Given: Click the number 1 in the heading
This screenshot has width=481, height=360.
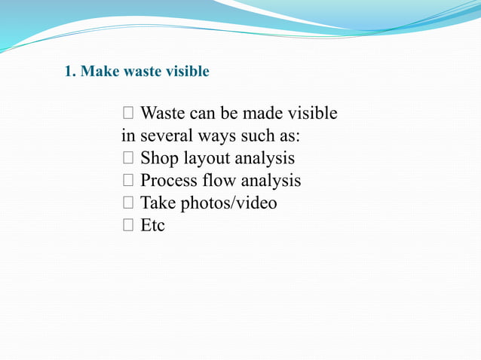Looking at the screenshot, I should [x=68, y=72].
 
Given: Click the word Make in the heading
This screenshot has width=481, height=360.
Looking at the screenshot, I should [x=95, y=72].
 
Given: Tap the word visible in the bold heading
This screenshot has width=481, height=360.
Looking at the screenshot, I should [x=187, y=72].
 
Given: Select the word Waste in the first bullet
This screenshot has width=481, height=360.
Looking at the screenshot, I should [x=163, y=114].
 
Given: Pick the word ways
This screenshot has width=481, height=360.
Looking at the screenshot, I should [x=217, y=137].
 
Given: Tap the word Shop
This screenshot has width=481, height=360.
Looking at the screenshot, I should [x=158, y=159].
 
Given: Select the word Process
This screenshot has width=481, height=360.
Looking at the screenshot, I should [x=168, y=181].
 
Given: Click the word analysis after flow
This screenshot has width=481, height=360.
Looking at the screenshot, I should [x=271, y=182].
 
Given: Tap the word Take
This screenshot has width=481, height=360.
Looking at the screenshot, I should [x=157, y=203].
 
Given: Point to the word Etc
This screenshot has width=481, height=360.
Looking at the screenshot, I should [x=152, y=225].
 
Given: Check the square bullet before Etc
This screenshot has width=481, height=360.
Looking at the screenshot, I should [x=127, y=226].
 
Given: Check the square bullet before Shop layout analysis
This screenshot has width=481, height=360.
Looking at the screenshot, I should [x=127, y=159].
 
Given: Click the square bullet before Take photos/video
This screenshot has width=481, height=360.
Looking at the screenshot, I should [x=127, y=203].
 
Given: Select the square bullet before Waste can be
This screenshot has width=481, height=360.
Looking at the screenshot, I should [x=127, y=114].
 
